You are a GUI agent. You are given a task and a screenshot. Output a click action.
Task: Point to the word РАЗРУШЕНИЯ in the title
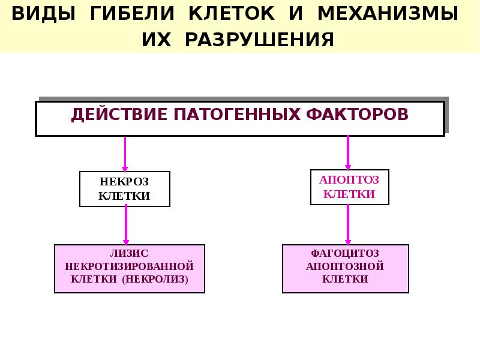(x=259, y=40)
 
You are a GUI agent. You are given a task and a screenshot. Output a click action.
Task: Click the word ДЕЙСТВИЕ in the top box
(x=119, y=114)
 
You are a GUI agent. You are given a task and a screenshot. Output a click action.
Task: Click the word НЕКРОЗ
(x=124, y=181)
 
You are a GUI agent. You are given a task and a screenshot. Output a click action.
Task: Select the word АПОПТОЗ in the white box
(x=349, y=179)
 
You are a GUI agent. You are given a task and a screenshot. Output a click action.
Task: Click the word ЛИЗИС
(x=129, y=253)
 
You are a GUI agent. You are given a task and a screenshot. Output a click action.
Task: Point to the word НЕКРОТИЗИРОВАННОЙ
(x=129, y=265)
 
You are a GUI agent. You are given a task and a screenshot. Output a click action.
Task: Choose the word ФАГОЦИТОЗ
(x=345, y=253)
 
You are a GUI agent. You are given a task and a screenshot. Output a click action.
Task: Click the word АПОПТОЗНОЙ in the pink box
(x=345, y=266)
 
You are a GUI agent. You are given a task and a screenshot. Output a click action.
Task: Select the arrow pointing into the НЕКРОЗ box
(x=125, y=154)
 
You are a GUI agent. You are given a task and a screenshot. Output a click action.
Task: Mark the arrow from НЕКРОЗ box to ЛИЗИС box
(x=125, y=224)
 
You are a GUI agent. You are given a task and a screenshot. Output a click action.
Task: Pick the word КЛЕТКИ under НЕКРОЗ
(x=124, y=196)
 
